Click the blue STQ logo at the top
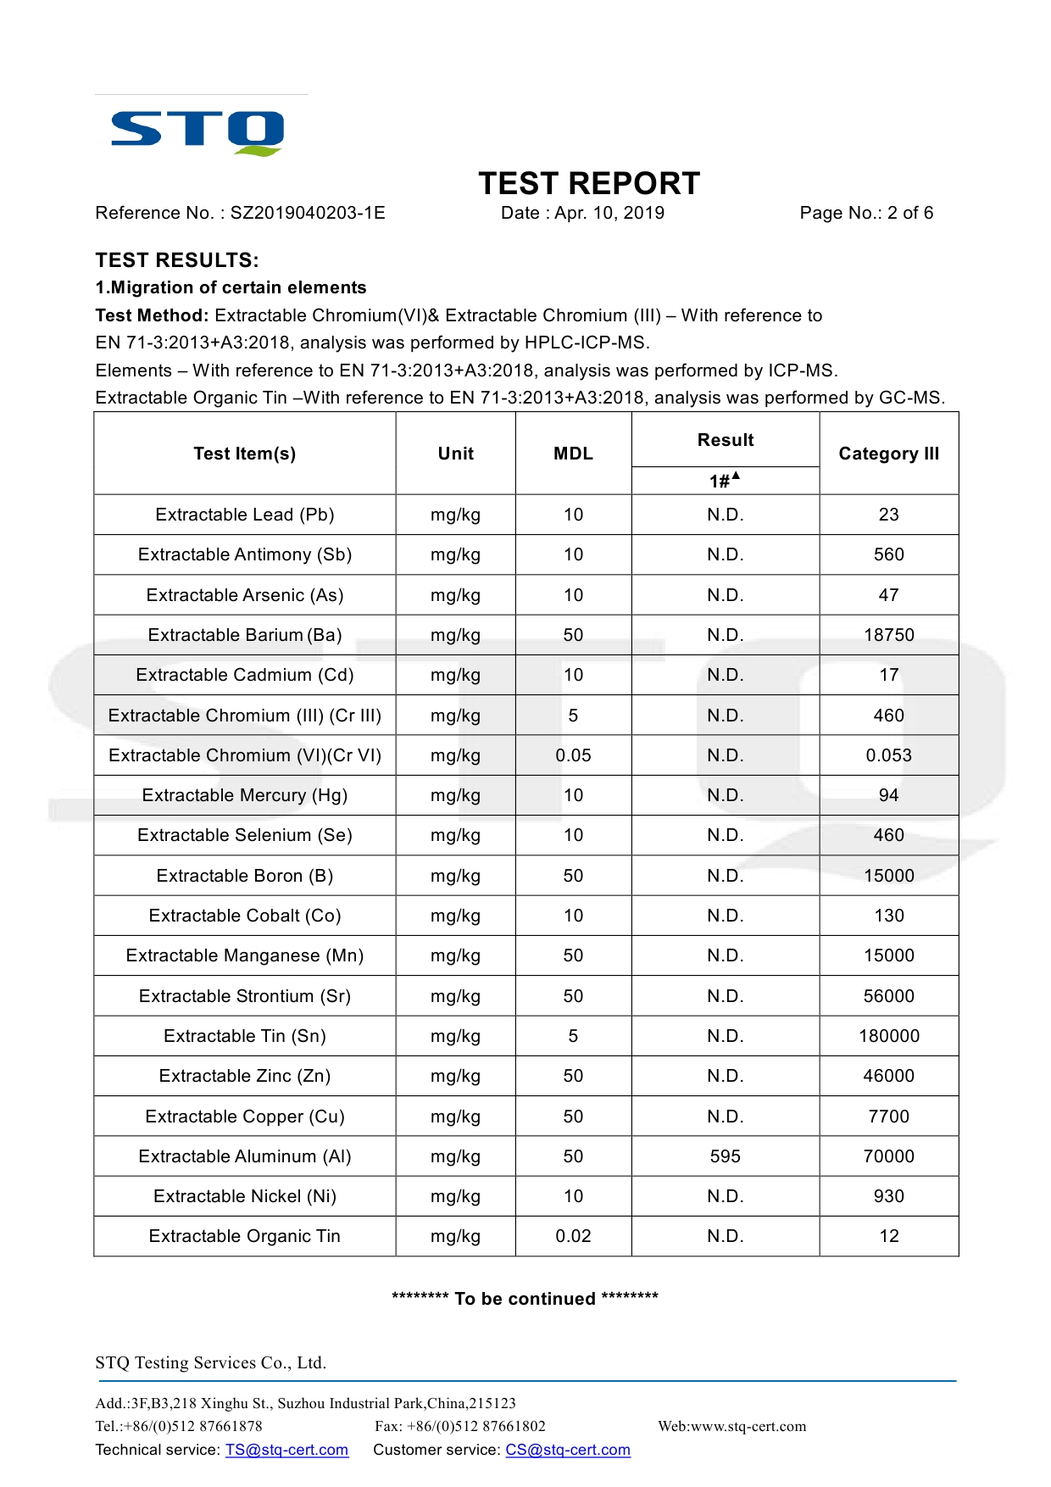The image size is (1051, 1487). [197, 132]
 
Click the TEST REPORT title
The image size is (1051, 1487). [589, 183]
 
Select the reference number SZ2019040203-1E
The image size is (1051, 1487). [308, 213]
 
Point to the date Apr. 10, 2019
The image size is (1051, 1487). [609, 213]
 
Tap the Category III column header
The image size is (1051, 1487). [888, 454]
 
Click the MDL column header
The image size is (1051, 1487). [573, 454]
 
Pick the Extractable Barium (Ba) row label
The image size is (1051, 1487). [244, 635]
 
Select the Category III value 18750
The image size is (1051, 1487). [888, 635]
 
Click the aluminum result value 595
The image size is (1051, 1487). [725, 1156]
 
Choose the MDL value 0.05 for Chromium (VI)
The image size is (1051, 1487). [573, 755]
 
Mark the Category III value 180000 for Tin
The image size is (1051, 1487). [888, 1036]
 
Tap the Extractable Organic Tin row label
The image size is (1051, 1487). [244, 1236]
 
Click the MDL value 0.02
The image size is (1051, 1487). [573, 1236]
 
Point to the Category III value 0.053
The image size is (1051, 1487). [888, 755]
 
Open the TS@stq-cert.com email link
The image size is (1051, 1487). [286, 1450]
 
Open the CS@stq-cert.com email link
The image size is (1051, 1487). [568, 1450]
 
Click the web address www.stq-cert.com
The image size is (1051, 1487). [748, 1426]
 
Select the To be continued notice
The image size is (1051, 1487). [525, 1299]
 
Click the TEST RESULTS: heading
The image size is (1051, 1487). [177, 260]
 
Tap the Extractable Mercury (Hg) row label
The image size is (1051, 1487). [244, 795]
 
